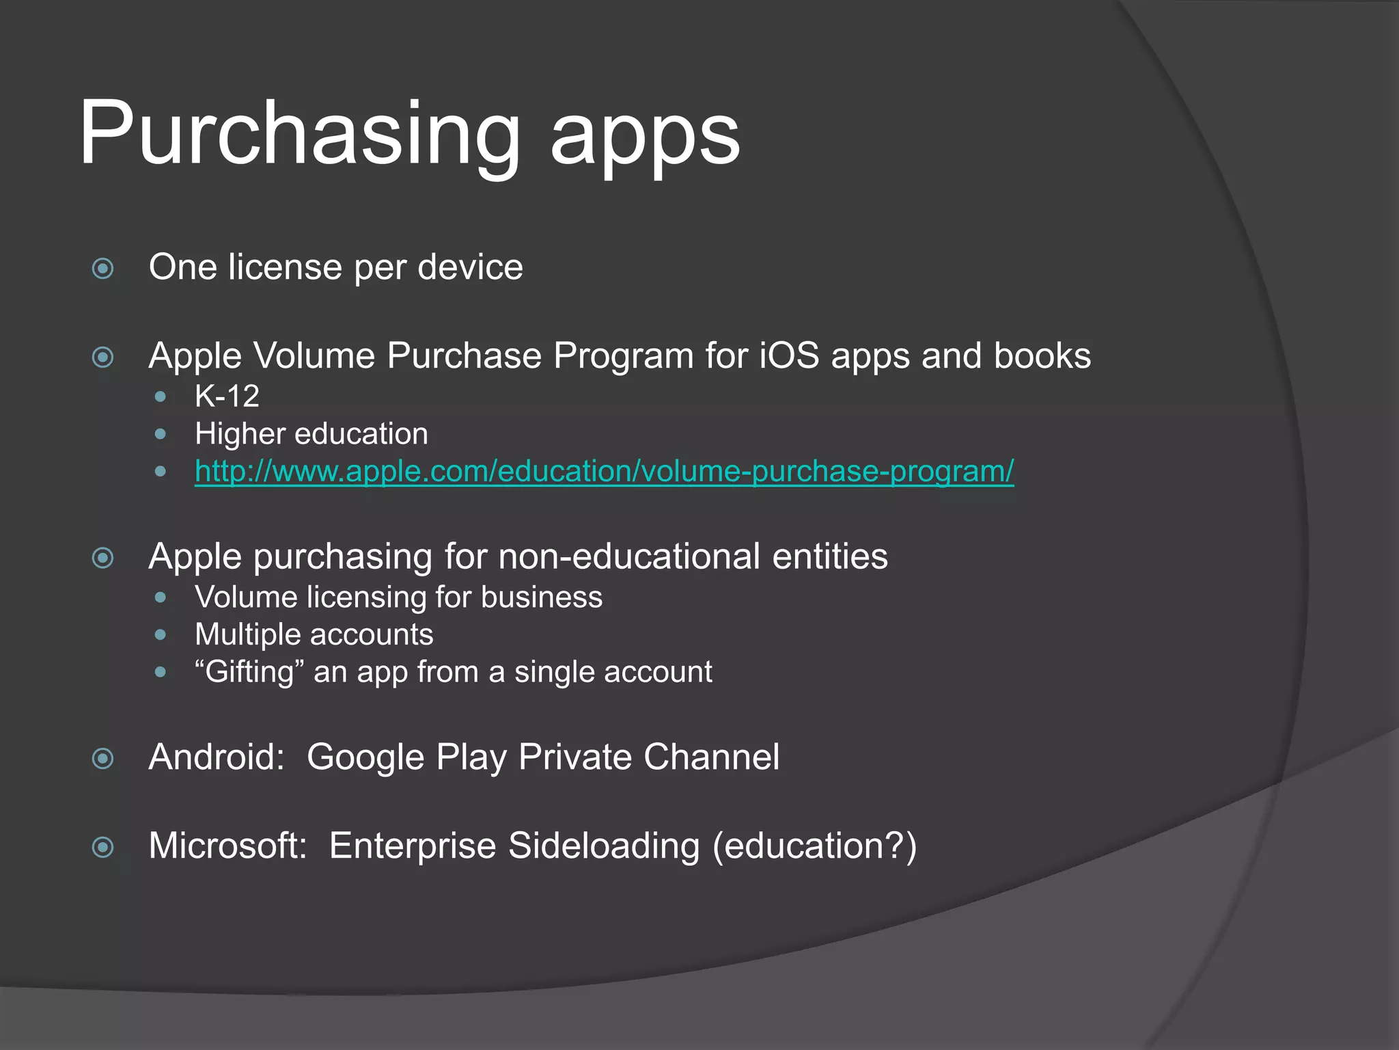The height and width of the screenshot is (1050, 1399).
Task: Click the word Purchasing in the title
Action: point(299,133)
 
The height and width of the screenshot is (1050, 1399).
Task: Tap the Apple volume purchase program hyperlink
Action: point(604,471)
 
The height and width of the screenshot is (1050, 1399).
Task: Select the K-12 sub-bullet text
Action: point(227,396)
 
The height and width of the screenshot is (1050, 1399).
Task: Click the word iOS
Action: point(789,356)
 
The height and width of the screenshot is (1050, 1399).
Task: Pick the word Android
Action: point(217,757)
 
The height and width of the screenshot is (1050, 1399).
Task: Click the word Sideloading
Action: point(604,846)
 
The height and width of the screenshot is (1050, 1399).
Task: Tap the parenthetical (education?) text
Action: point(814,846)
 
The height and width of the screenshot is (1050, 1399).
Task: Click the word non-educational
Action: point(629,556)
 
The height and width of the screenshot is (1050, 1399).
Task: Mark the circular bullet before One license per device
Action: point(102,268)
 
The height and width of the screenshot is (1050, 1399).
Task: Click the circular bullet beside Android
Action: point(102,758)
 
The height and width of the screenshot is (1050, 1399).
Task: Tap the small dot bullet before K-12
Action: point(161,396)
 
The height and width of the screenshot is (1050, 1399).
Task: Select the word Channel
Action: point(711,757)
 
